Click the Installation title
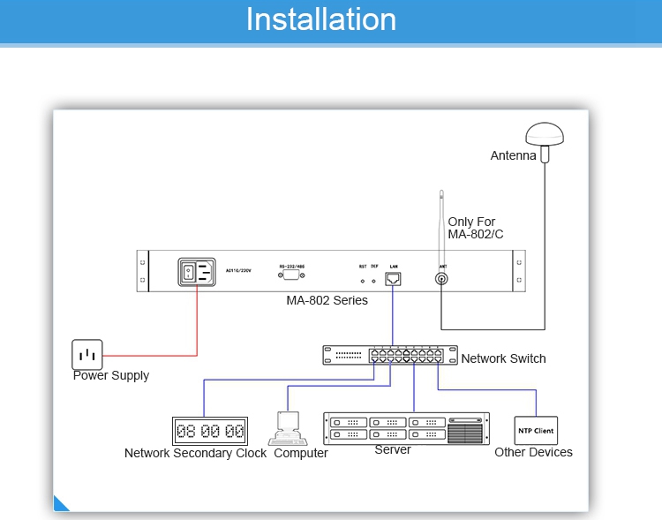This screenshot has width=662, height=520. coord(320,19)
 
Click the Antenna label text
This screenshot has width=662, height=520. coord(513,156)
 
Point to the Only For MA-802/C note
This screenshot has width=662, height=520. coord(476,228)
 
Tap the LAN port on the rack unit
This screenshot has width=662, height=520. coord(394,278)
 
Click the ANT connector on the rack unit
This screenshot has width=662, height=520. coord(441,279)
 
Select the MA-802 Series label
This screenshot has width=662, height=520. coord(327,300)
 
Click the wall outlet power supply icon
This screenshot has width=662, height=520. coord(87,355)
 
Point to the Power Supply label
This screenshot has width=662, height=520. coord(111,375)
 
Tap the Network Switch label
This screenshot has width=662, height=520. coord(503,358)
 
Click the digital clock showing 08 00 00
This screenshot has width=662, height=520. coord(210,431)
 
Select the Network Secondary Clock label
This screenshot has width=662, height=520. coord(195,453)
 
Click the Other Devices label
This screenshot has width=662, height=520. coord(533,452)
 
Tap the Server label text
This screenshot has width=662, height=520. coord(393,449)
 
